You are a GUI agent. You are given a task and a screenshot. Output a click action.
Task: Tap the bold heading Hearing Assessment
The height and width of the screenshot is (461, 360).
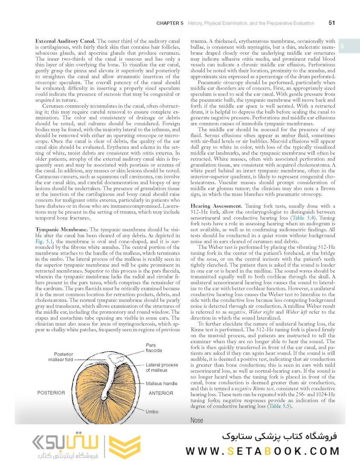point(216,206)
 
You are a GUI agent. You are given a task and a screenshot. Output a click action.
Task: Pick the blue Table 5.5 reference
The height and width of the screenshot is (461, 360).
point(279,406)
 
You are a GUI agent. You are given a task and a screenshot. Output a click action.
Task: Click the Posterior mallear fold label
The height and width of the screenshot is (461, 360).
point(64,357)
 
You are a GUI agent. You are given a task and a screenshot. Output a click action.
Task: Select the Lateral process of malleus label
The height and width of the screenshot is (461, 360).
point(162,368)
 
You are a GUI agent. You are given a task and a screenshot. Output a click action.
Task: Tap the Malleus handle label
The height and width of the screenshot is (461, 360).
point(161,384)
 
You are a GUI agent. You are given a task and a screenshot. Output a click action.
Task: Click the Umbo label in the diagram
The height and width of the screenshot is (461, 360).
point(152,411)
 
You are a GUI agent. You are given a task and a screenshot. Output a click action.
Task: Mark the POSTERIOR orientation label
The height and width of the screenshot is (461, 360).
point(51,393)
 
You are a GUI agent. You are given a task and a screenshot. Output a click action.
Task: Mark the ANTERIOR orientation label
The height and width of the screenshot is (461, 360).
point(161,393)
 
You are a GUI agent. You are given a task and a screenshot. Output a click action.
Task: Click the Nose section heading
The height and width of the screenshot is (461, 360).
point(197,420)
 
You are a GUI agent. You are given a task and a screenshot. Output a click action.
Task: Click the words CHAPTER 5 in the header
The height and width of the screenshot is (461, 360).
point(170,23)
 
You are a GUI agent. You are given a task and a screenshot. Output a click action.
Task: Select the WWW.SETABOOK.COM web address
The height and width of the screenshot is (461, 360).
point(262,450)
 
